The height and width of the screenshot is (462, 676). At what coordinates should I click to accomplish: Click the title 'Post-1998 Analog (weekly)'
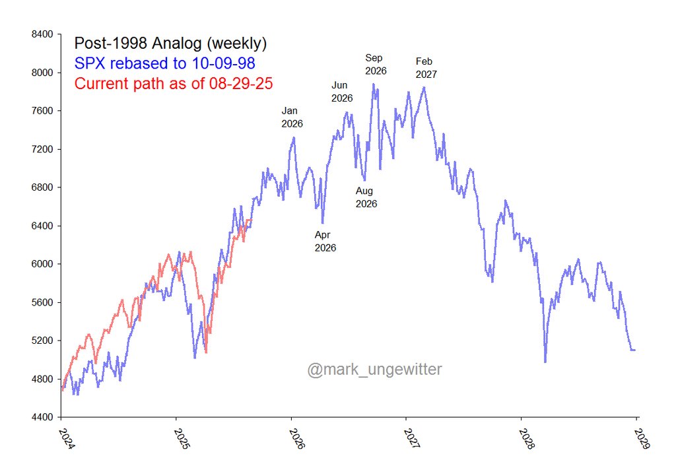(x=170, y=44)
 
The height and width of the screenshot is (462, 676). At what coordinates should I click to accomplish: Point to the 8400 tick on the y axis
(x=44, y=34)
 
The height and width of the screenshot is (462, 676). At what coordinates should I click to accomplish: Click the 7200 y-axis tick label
(x=44, y=149)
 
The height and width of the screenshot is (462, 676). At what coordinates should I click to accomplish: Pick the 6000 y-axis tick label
(x=44, y=264)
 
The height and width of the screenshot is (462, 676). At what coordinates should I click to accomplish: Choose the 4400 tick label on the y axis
(x=44, y=417)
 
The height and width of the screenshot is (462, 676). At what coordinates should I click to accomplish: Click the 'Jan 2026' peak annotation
(x=292, y=117)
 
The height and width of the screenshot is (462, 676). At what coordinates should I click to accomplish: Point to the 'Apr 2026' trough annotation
(x=325, y=242)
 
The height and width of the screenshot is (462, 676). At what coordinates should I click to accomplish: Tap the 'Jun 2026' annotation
(x=342, y=92)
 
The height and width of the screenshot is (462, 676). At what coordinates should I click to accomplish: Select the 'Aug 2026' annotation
(x=366, y=197)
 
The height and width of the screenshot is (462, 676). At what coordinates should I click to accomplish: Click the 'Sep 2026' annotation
(x=376, y=64)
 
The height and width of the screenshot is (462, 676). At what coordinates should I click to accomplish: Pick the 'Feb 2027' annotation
(x=426, y=67)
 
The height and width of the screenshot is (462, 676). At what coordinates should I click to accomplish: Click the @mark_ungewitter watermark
(x=374, y=369)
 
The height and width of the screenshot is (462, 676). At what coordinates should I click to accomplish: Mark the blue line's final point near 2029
(x=634, y=350)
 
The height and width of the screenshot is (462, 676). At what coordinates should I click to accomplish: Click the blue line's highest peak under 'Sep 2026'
(x=374, y=84)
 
